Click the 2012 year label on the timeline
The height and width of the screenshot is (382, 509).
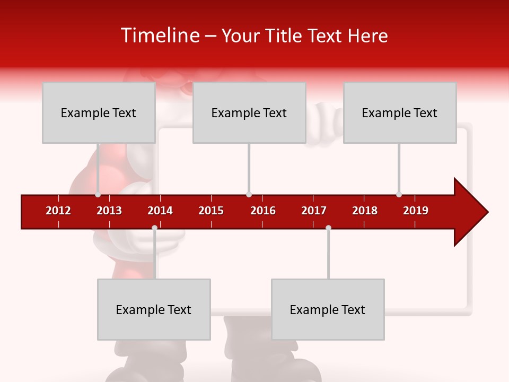(x=58, y=211)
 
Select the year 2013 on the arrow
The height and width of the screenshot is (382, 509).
(x=109, y=211)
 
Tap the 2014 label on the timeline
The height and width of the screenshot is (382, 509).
(x=160, y=211)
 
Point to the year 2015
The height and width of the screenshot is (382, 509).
(x=211, y=211)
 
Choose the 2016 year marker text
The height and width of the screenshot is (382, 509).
(x=263, y=211)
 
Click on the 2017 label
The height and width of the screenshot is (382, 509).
(x=314, y=211)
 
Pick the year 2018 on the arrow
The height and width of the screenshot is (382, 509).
(x=365, y=211)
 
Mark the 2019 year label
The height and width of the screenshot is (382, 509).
(x=416, y=211)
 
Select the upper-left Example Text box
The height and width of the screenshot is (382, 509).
(x=99, y=112)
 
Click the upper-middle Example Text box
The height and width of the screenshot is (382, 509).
(x=249, y=112)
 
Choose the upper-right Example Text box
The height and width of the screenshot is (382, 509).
(x=400, y=112)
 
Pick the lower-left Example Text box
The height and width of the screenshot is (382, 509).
(x=154, y=309)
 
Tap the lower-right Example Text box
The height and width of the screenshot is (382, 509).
(x=328, y=309)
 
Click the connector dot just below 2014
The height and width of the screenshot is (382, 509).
(x=154, y=228)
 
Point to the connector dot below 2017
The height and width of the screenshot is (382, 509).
(x=328, y=228)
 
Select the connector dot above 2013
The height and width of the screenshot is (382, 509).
(x=98, y=194)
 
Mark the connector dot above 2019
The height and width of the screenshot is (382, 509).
(x=399, y=194)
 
